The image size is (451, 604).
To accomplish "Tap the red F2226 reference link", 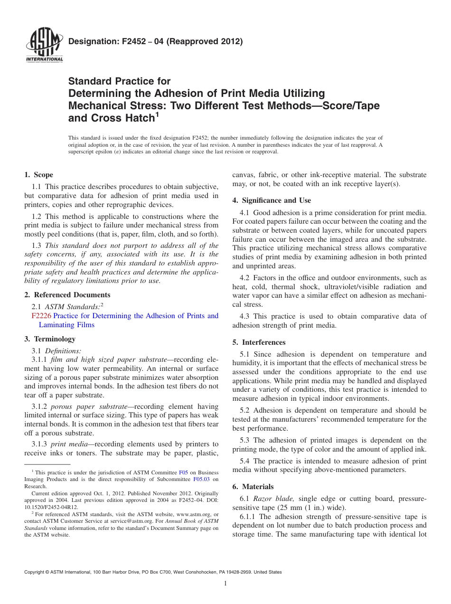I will pyautogui.click(x=41, y=316).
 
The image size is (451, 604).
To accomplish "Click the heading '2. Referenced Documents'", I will pyautogui.click(x=67, y=295).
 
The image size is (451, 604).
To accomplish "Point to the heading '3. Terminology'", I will pyautogui.click(x=50, y=339).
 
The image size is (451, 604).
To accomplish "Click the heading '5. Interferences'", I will pyautogui.click(x=259, y=342).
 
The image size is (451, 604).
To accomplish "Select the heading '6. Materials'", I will pyautogui.click(x=253, y=487).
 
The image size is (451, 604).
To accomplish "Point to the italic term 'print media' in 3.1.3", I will pyautogui.click(x=67, y=444).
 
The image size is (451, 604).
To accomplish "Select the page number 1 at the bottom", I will pyautogui.click(x=225, y=584).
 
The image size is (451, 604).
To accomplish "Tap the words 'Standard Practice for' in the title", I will pyautogui.click(x=119, y=81).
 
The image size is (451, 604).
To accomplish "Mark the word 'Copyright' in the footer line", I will pyautogui.click(x=35, y=572).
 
